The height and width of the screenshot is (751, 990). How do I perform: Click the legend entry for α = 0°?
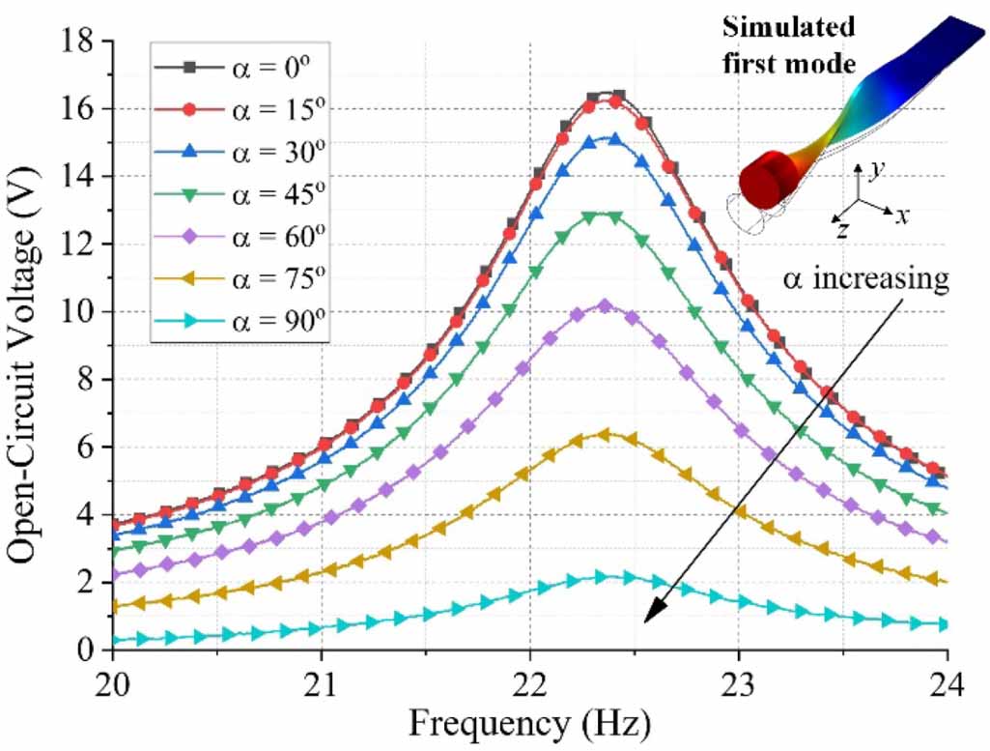coord(241,67)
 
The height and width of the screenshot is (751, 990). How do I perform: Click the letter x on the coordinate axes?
coord(902,216)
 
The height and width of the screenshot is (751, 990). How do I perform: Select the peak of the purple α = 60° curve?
coord(604,305)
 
